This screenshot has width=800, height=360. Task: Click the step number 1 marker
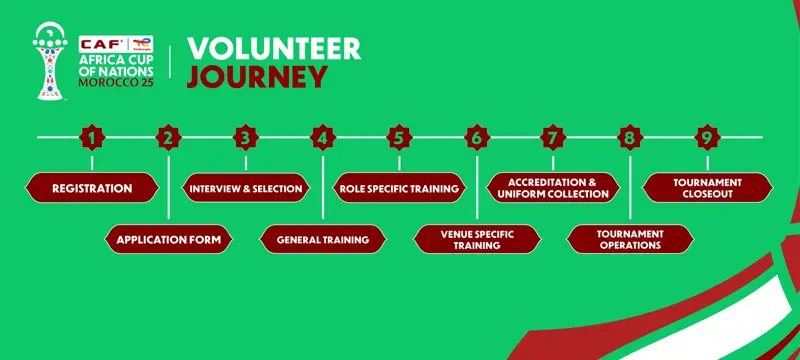click(92, 137)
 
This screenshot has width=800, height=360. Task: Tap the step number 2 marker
click(169, 137)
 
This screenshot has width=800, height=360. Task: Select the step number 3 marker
click(246, 137)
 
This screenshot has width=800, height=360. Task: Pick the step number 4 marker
click(323, 137)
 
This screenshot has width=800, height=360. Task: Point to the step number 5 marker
click(399, 137)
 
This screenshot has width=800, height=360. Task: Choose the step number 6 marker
click(477, 137)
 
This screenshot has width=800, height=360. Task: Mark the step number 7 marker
click(553, 137)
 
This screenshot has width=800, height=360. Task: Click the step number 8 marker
click(630, 137)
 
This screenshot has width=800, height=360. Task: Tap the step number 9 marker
click(707, 137)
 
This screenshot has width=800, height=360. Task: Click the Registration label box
click(92, 188)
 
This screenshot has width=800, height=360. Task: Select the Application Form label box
click(169, 240)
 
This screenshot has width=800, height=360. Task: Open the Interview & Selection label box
click(246, 188)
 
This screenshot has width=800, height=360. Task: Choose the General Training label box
click(323, 240)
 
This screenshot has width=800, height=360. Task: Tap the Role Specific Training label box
click(399, 188)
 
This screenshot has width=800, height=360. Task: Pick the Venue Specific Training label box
click(477, 240)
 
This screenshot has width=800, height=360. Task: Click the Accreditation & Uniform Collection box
click(553, 188)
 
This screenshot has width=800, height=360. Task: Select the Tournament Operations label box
click(630, 240)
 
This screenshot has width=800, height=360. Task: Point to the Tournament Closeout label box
click(707, 188)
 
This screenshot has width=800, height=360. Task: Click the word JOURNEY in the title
click(257, 77)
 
